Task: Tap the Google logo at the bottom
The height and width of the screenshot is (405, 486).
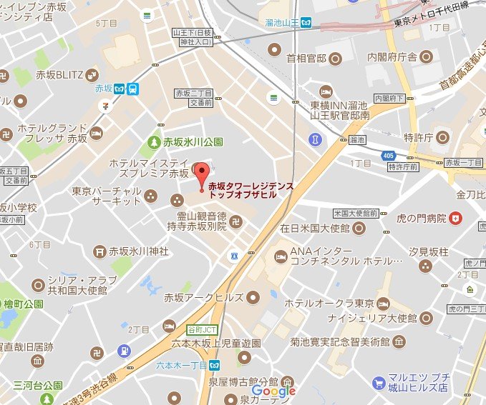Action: (x=273, y=391)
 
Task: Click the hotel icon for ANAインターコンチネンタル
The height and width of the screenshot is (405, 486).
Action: (x=279, y=254)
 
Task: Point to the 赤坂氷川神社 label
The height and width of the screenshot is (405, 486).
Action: (x=138, y=251)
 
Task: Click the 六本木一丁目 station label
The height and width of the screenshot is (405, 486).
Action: (x=181, y=364)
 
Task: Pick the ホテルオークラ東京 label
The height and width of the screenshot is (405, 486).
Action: (x=329, y=303)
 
